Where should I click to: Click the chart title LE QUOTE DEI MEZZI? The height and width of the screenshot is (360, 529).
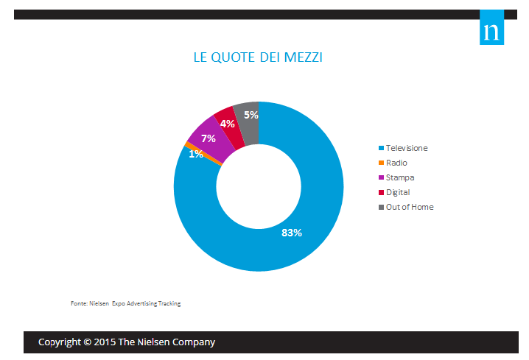[258, 57]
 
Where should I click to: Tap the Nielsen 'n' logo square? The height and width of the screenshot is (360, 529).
[491, 27]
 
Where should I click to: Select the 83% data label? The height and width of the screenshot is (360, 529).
[292, 233]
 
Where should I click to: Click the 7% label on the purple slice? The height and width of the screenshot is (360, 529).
[209, 138]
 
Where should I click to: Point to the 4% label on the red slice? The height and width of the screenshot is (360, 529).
[228, 124]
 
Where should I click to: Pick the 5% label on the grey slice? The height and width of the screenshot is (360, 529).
[251, 115]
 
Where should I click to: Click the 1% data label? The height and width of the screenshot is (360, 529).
[196, 154]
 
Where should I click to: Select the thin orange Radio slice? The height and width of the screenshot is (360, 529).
[203, 154]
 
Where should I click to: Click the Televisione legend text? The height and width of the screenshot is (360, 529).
[407, 148]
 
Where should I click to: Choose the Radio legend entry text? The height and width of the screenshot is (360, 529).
[396, 163]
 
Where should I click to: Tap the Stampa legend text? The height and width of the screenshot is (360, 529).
[400, 177]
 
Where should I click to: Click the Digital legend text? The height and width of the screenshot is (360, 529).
[398, 192]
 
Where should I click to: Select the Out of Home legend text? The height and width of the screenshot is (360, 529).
[410, 207]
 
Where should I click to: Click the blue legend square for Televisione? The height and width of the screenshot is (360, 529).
[381, 148]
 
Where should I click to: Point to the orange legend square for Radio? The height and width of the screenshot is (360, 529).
[381, 163]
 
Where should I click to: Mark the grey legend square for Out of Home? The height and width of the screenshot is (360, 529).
[381, 207]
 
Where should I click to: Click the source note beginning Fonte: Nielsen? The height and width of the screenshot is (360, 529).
[125, 303]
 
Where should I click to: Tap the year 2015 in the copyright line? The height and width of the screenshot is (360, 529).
[105, 342]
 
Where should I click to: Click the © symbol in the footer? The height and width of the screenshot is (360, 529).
[88, 342]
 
